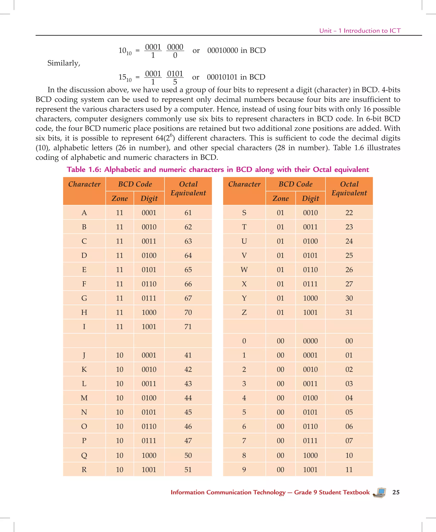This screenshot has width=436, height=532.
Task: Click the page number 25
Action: pyautogui.click(x=396, y=492)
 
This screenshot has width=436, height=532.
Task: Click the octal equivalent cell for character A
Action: pyautogui.click(x=188, y=213)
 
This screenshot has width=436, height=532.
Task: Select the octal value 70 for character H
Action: pyautogui.click(x=188, y=313)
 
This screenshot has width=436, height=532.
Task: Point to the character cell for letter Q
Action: pyautogui.click(x=84, y=455)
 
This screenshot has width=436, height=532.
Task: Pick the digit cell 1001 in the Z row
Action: pyautogui.click(x=310, y=313)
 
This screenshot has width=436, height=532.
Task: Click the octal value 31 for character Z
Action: pyautogui.click(x=349, y=313)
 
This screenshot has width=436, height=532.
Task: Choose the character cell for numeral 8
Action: pyautogui.click(x=244, y=455)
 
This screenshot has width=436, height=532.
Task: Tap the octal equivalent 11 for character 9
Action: pyautogui.click(x=349, y=470)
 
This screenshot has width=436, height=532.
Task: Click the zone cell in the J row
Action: pyautogui.click(x=120, y=355)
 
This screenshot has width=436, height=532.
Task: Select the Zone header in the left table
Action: pyautogui.click(x=120, y=198)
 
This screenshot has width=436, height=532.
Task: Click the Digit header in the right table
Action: pyautogui.click(x=310, y=198)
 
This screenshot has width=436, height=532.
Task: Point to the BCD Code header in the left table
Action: pyautogui.click(x=135, y=184)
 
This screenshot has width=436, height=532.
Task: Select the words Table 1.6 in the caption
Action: pyautogui.click(x=84, y=169)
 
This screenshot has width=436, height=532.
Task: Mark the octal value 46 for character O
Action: pyautogui.click(x=188, y=426)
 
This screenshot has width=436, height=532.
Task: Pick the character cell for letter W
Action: pyautogui.click(x=244, y=270)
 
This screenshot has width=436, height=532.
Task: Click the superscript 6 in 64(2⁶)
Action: pyautogui.click(x=171, y=135)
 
